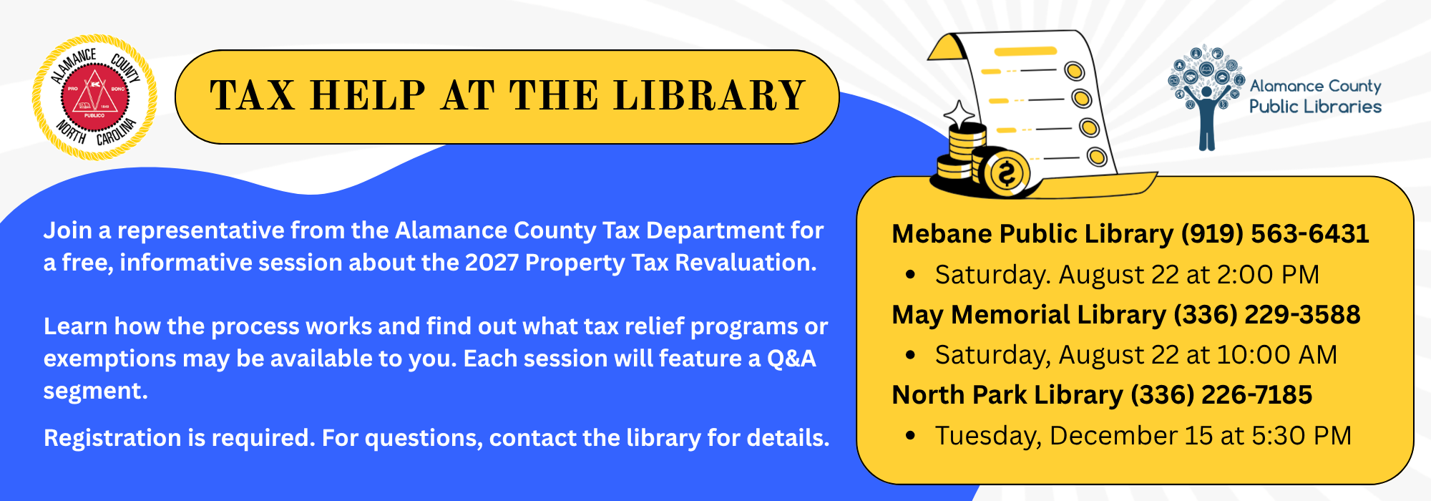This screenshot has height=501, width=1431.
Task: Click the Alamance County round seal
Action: coord(94,97)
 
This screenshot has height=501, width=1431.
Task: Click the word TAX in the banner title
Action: coord(253,96)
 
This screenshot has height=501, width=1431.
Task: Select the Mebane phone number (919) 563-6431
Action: coord(1275,234)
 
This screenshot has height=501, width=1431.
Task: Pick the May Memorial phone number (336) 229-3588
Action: coord(1267,315)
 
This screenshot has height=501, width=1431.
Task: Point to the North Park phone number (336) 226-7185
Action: coord(1221,395)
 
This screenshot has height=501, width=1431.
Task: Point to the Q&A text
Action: coord(791,359)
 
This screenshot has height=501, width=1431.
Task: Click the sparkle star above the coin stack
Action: coord(959,115)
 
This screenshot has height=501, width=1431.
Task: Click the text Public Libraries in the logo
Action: coord(1315,107)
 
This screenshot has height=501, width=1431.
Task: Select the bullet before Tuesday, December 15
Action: coord(910,436)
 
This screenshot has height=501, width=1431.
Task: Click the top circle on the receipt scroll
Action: coord(1074,71)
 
